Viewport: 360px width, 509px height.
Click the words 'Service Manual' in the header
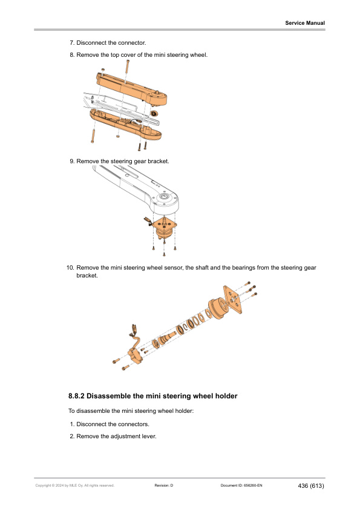(x=305, y=23)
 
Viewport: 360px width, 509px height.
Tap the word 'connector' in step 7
(x=131, y=43)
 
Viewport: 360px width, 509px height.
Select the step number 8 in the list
(x=72, y=55)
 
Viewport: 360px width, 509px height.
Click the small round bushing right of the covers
(x=154, y=114)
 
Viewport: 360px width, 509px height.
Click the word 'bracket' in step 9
(x=159, y=161)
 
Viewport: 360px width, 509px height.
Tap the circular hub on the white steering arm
(x=163, y=198)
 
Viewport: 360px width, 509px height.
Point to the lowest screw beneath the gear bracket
(x=164, y=253)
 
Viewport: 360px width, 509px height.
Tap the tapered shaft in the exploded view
(x=166, y=338)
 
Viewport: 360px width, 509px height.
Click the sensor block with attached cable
(x=136, y=355)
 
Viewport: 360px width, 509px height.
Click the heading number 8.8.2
(x=76, y=396)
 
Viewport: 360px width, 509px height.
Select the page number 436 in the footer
(x=303, y=486)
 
